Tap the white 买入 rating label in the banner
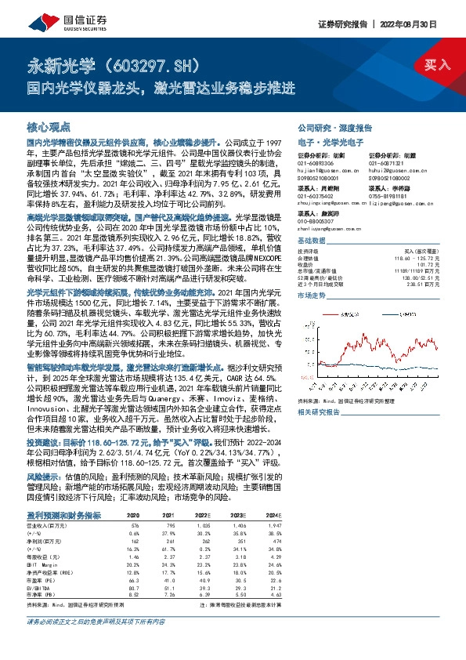point(436,66)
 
